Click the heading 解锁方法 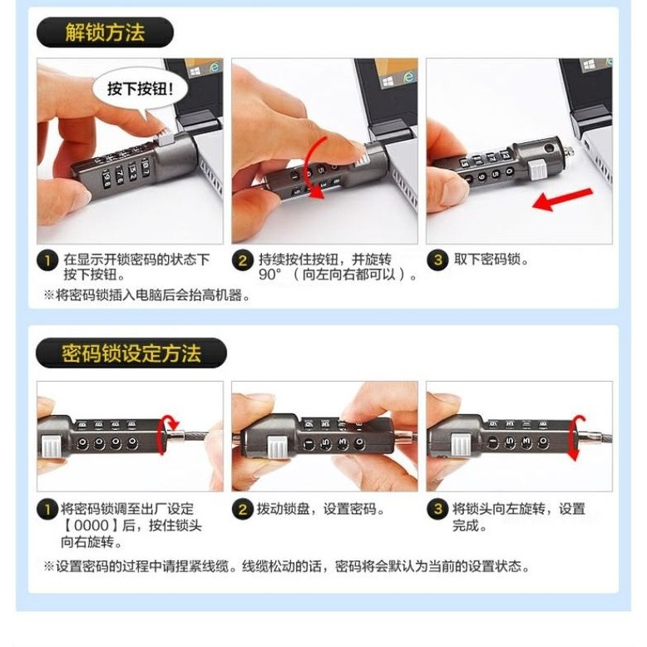coord(105,32)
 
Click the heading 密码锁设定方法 coord(131,353)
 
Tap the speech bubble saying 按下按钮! coord(141,89)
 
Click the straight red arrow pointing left coord(562,200)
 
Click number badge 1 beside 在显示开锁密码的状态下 coord(47,261)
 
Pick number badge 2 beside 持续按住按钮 coord(242,261)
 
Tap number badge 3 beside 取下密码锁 coord(437,261)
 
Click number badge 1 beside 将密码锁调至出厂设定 coord(47,509)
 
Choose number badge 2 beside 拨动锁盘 coord(242,509)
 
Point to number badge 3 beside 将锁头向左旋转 coord(437,509)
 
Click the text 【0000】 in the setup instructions coord(91,526)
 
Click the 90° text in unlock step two coord(270,274)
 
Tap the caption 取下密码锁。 coord(491,259)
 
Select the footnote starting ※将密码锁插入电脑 coord(147,295)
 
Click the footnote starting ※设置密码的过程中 coord(287,566)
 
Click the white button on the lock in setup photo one coord(51,447)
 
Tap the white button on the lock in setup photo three coord(461,445)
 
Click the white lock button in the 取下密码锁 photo coord(537,171)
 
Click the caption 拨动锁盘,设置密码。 coord(321,509)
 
